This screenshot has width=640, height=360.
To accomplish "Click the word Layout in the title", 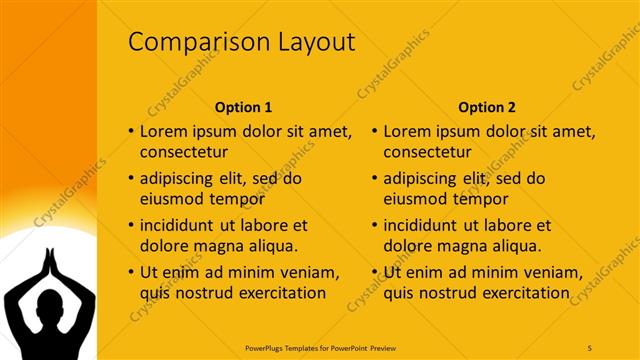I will point(314,42).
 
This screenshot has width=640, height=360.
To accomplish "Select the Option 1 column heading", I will point(243,107).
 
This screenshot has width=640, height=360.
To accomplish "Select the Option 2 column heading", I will point(487,107).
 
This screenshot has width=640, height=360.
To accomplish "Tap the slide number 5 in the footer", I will point(590,347).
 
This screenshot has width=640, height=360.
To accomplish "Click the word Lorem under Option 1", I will point(164,131).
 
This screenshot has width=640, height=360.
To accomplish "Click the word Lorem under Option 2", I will point(408,131).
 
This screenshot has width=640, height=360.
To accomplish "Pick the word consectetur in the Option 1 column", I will point(183,153).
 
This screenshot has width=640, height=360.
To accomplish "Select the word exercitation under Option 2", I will point(524,293).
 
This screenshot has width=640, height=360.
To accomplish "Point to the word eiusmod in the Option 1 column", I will point(170,199).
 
